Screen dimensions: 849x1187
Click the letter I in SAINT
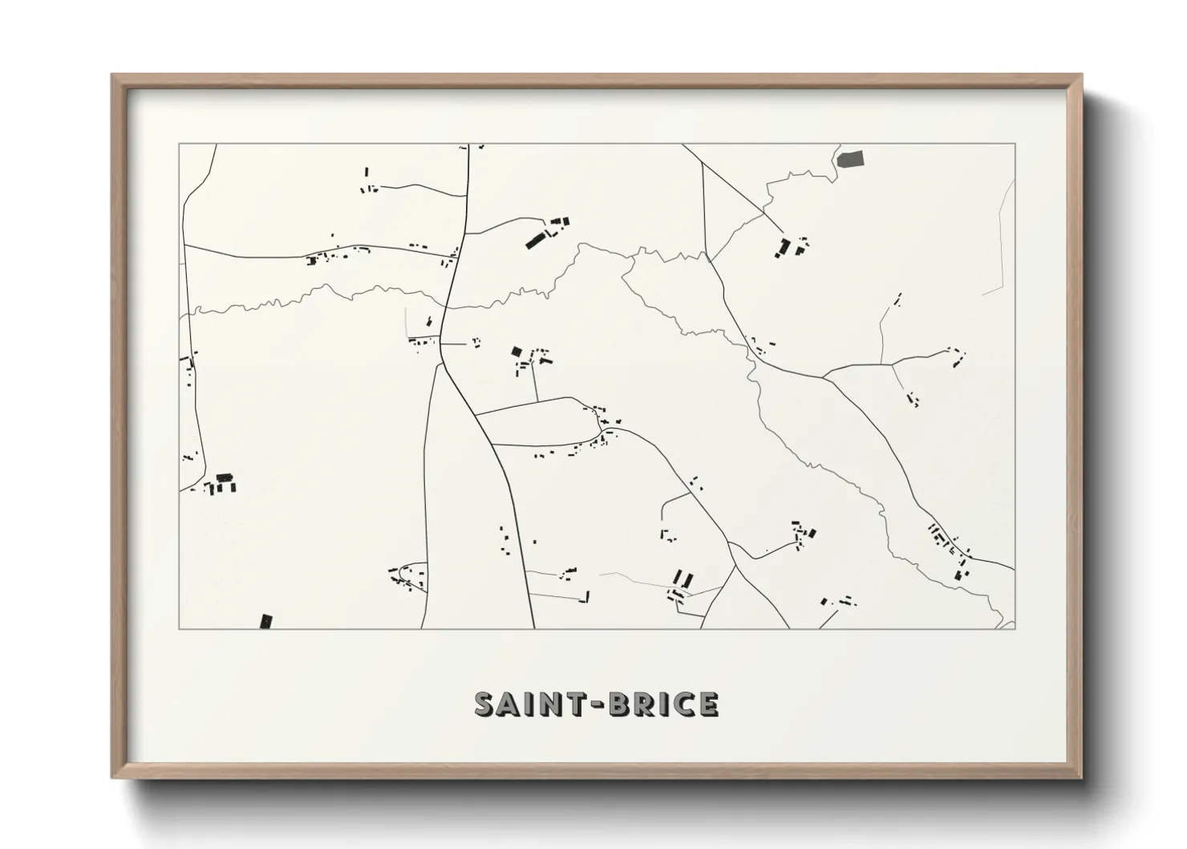(528, 705)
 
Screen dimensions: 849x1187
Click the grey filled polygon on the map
(851, 158)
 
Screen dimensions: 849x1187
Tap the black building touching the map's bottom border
(266, 621)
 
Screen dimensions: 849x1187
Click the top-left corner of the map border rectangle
(179, 144)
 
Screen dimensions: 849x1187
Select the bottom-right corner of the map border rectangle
(1015, 628)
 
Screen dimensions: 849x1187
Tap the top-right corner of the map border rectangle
(1015, 144)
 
